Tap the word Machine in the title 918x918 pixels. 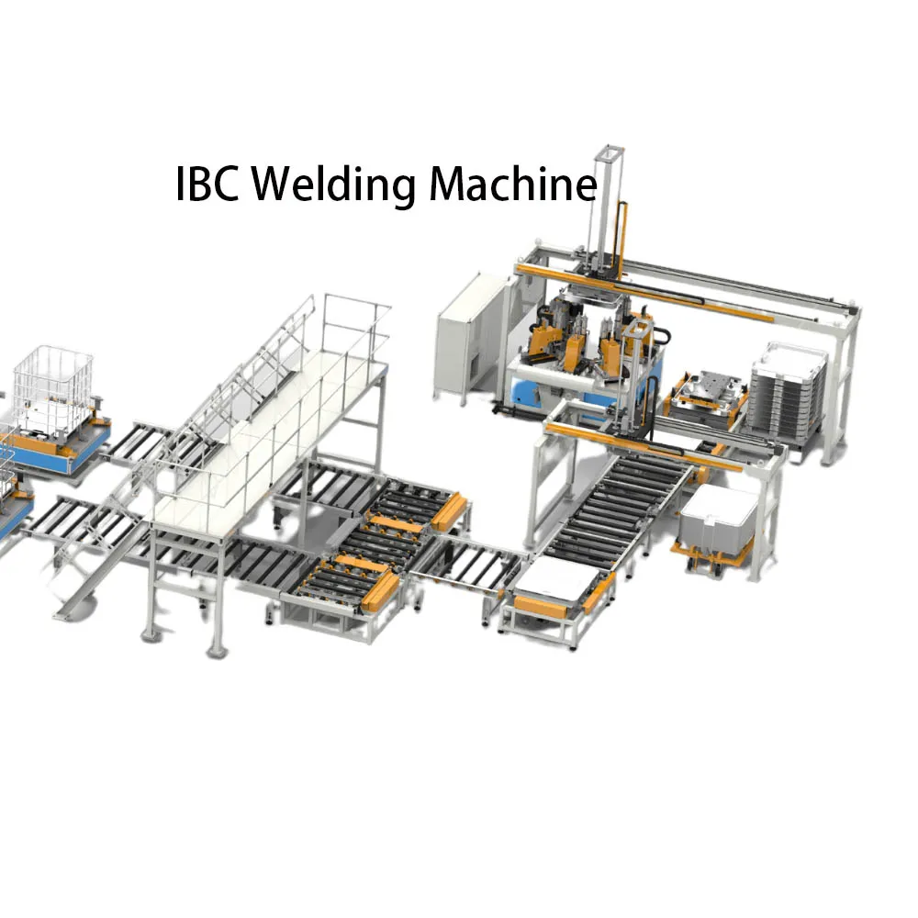click(x=512, y=185)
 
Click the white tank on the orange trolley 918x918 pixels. click(x=718, y=520)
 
